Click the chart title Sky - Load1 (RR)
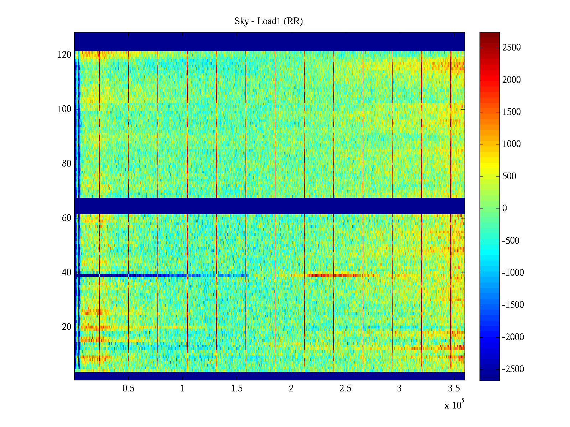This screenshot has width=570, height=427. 269,21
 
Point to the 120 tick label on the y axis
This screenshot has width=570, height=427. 64,55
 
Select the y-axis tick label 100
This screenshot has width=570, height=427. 64,109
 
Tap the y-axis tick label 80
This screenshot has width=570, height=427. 67,164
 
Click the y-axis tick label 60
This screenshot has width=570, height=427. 67,218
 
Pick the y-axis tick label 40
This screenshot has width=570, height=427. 67,273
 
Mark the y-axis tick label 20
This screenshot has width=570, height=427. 67,327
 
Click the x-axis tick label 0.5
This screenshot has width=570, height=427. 128,389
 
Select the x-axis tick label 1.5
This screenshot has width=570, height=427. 237,389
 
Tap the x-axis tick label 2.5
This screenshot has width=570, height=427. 345,389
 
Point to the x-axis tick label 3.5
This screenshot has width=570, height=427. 454,389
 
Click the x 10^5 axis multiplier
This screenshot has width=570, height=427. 454,405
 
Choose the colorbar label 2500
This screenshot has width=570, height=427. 512,48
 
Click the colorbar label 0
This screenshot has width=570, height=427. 504,209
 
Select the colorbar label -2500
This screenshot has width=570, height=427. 513,369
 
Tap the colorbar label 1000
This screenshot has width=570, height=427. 512,144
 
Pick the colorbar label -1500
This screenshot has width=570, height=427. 513,305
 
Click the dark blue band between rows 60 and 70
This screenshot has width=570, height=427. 269,206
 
